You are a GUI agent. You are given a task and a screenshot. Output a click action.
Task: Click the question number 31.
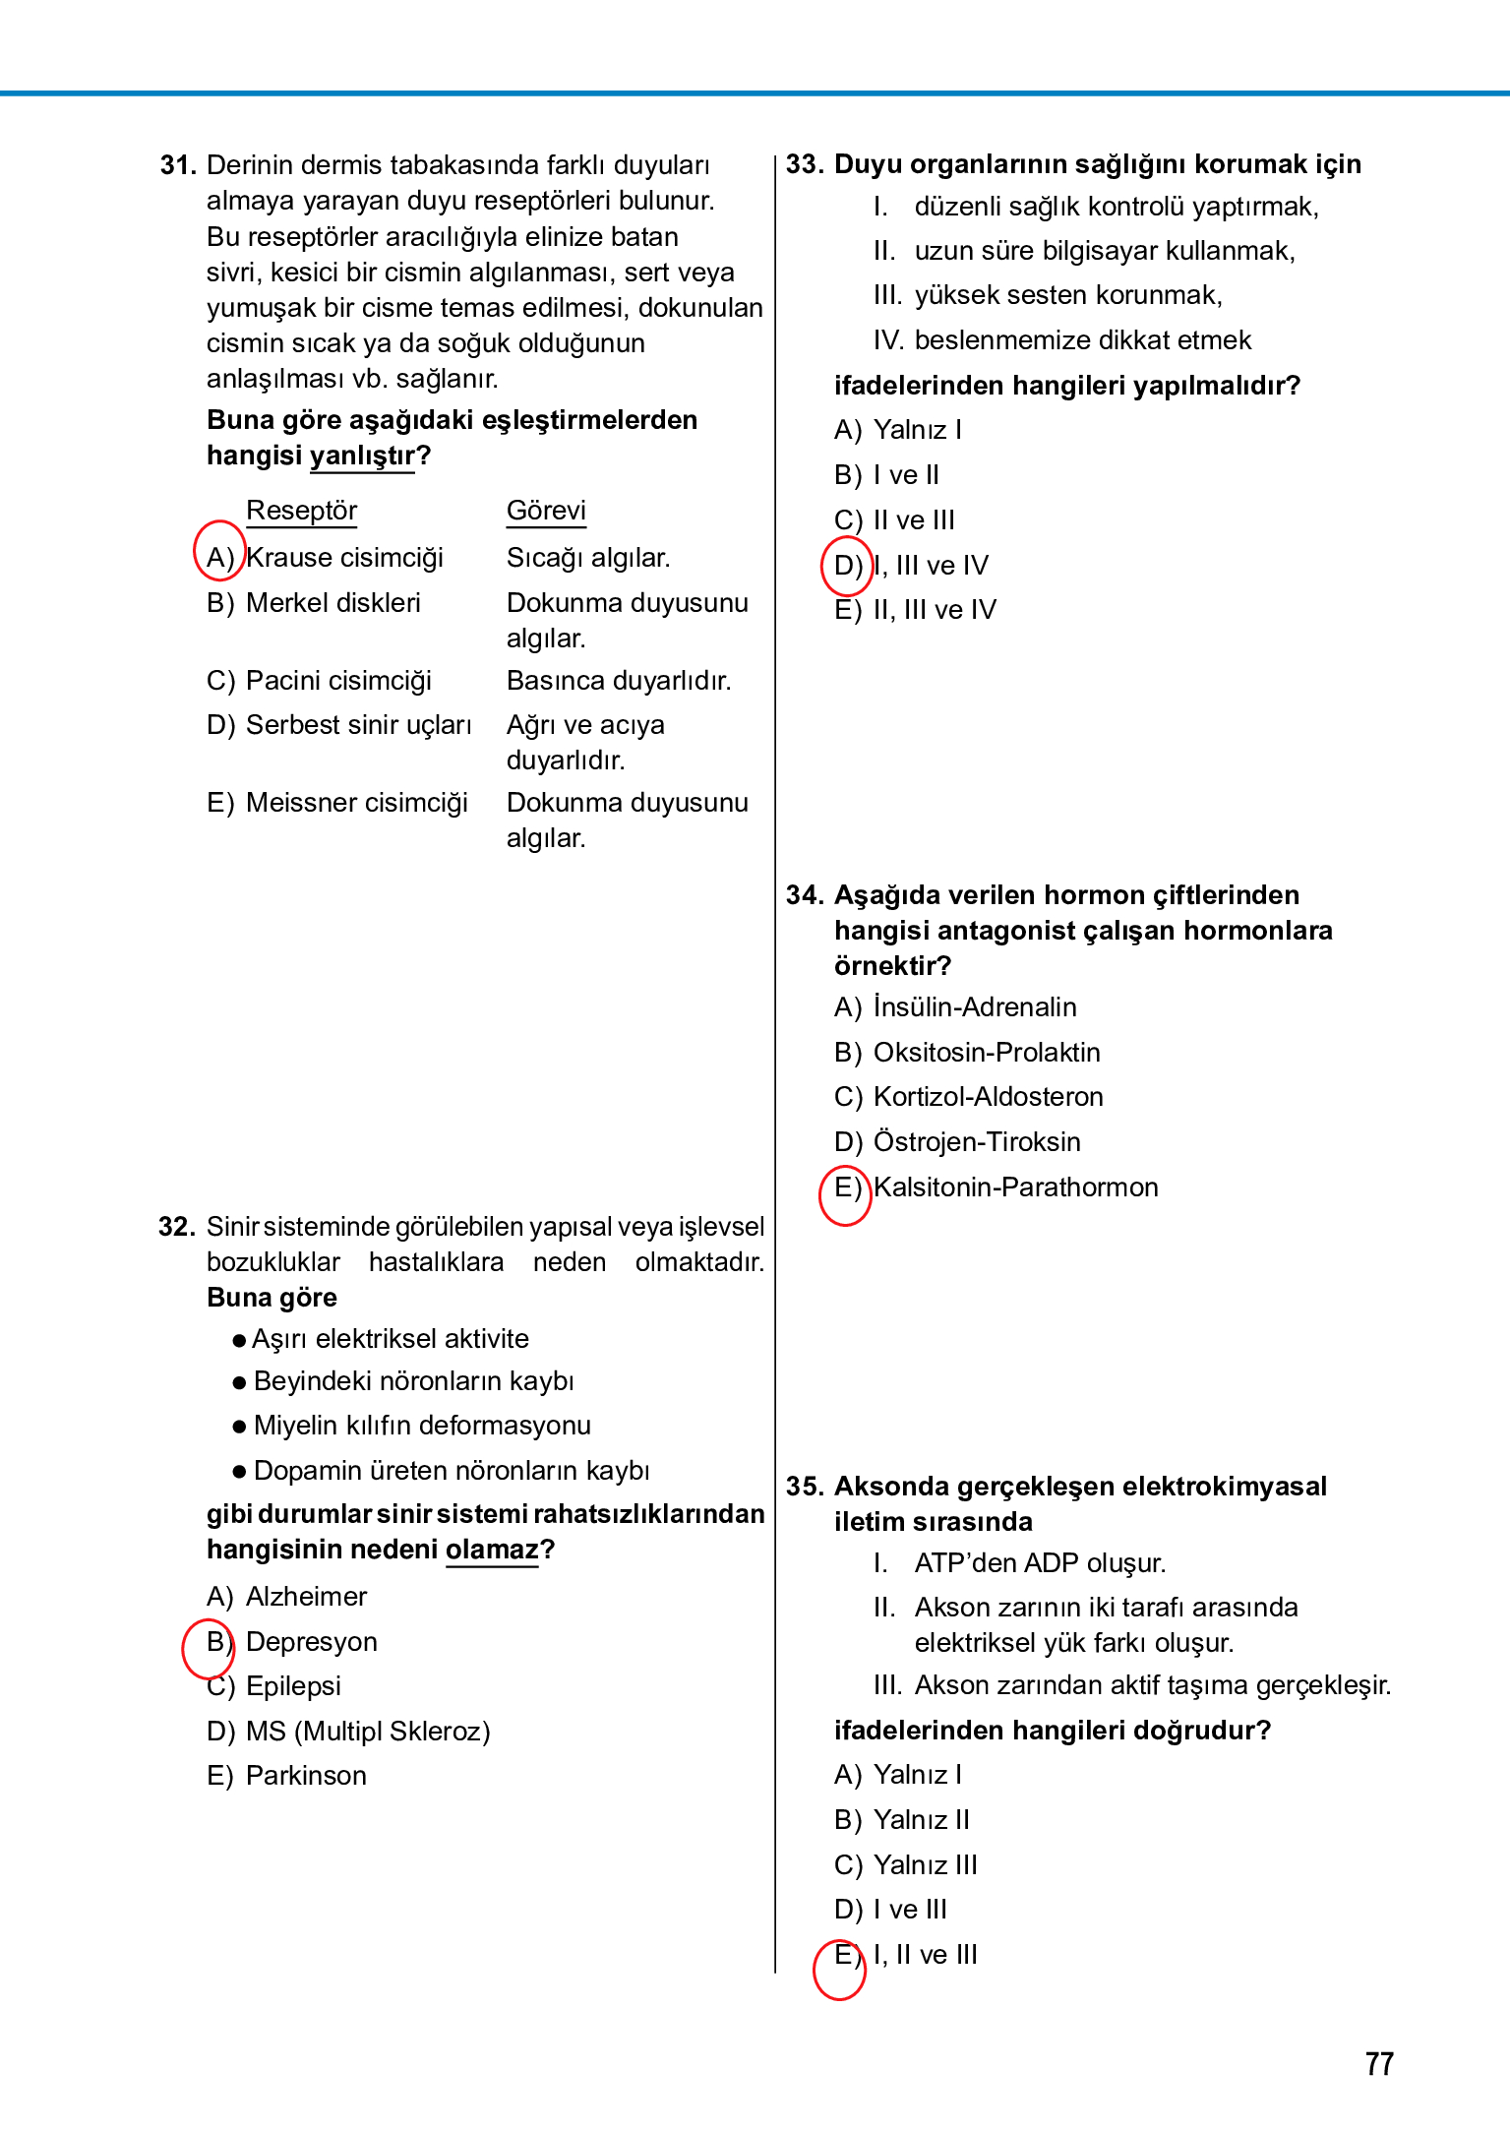(178, 165)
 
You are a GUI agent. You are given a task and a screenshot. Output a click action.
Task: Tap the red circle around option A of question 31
(218, 551)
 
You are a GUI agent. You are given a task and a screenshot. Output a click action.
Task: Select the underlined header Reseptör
(301, 511)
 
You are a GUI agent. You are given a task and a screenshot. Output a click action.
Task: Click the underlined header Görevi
(546, 511)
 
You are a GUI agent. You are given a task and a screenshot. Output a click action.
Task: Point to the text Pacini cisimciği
(338, 681)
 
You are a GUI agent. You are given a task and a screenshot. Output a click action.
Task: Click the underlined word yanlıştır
(362, 456)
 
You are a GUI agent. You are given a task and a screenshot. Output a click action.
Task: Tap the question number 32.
(177, 1227)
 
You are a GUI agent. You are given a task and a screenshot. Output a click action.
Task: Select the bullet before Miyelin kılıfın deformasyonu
(239, 1427)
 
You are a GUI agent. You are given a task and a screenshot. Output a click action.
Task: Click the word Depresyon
(311, 1642)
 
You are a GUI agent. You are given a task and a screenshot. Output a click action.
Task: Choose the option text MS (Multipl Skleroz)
(368, 1732)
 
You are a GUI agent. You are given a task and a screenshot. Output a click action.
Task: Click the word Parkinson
(306, 1776)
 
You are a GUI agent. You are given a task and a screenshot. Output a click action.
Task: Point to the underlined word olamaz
(492, 1550)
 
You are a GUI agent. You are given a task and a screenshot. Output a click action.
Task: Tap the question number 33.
(804, 164)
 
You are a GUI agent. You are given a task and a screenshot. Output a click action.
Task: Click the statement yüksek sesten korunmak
(1067, 295)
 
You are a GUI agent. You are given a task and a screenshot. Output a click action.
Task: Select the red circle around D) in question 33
(847, 566)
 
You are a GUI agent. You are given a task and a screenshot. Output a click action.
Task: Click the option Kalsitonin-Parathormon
(1015, 1187)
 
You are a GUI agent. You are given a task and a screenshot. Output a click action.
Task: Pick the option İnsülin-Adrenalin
(975, 1007)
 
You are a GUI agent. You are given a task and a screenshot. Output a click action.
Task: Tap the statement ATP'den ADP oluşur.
(1040, 1563)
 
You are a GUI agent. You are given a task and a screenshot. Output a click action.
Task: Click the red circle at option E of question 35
(839, 1969)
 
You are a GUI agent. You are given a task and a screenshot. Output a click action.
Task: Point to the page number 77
(1379, 2064)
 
